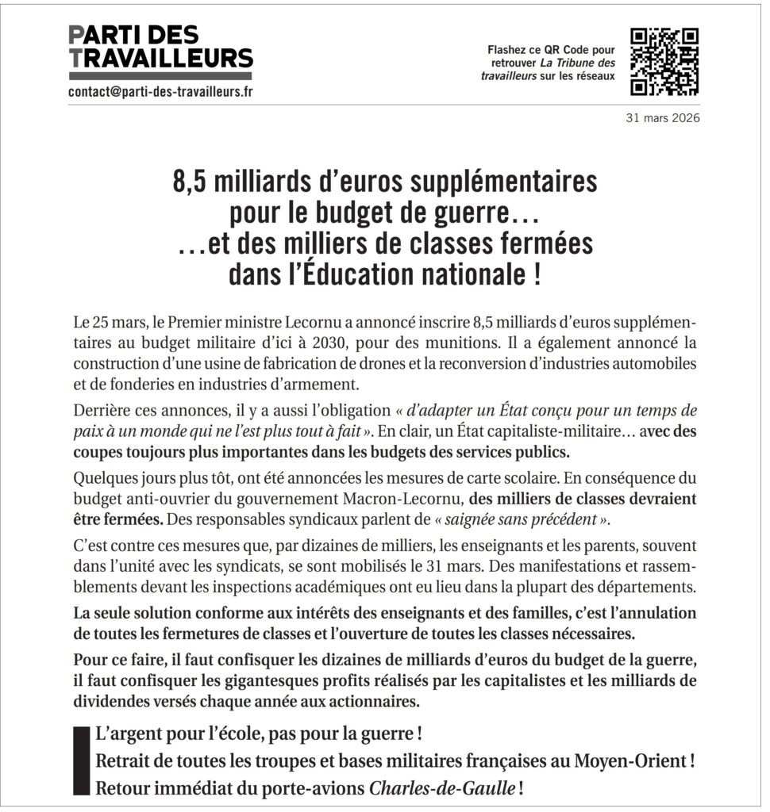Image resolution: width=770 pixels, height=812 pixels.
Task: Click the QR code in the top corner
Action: click(664, 61)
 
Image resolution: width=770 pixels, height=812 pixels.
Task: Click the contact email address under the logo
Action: click(161, 92)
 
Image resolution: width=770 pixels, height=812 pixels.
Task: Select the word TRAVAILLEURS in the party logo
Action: click(161, 57)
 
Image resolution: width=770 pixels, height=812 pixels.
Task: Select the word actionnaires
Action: click(375, 701)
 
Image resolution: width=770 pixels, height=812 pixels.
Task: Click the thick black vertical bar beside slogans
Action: click(78, 759)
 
